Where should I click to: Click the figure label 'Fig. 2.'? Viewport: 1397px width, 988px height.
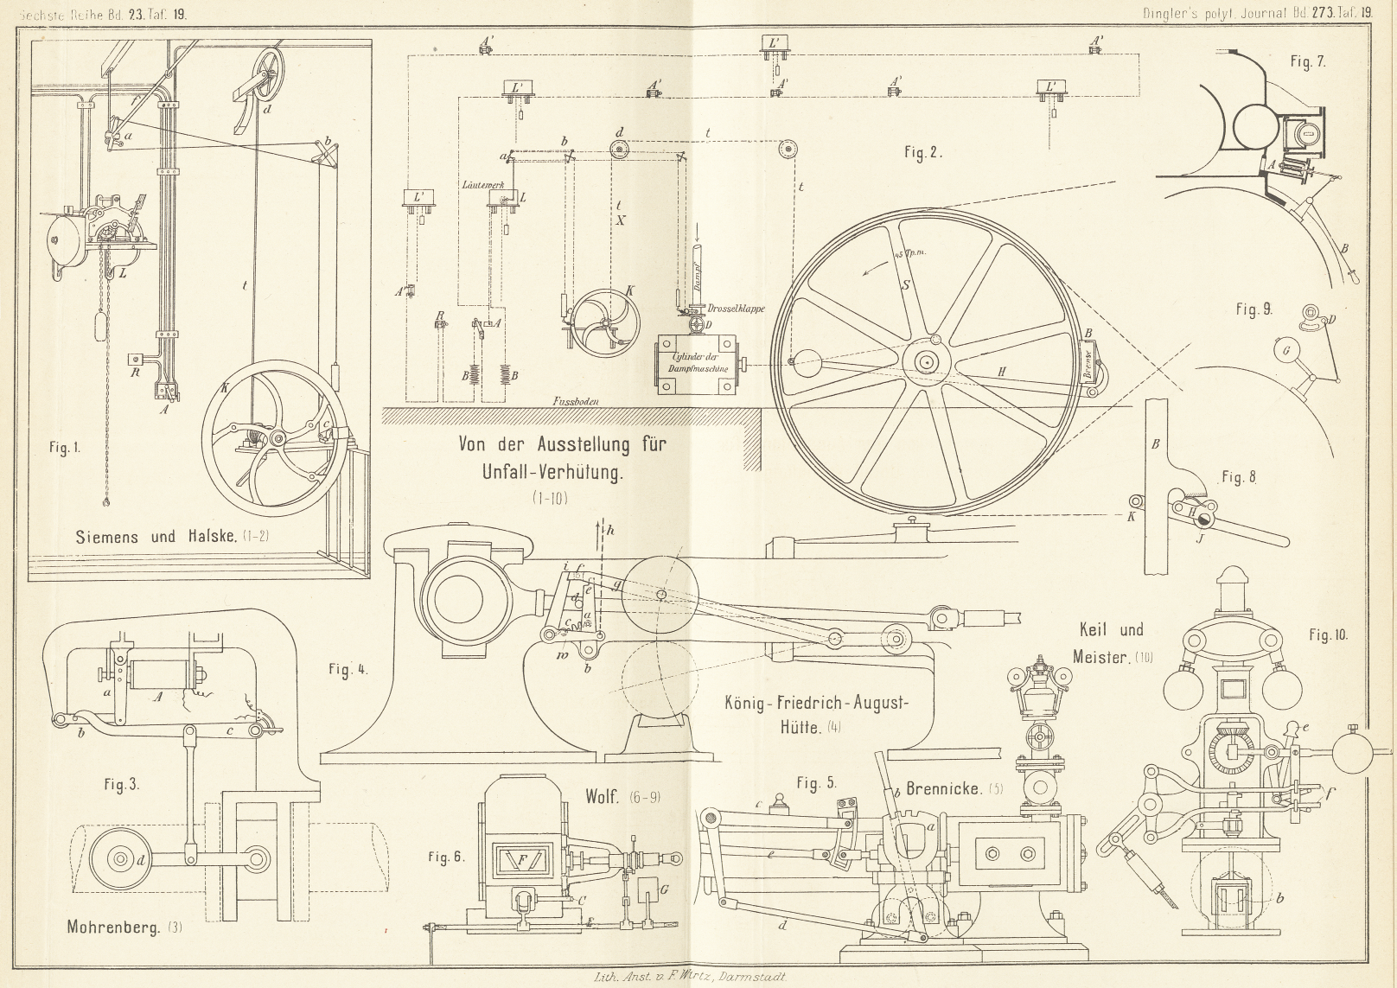tap(922, 153)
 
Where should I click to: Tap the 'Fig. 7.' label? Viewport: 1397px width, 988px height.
tap(1307, 61)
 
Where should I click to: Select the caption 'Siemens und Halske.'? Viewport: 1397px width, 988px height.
tap(155, 536)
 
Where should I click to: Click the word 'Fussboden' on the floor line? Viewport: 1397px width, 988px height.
tap(577, 401)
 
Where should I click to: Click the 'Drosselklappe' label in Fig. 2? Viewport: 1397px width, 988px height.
tap(736, 309)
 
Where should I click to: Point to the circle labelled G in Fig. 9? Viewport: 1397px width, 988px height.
tap(1287, 350)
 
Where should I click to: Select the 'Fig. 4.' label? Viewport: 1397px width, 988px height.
tap(348, 669)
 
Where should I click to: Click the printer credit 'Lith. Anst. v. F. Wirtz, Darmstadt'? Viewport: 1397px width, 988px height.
tap(689, 978)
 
